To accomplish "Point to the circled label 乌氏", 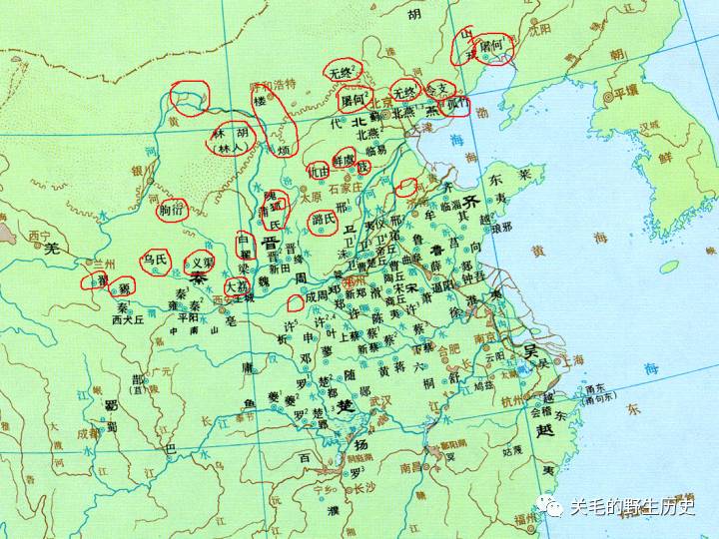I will (x=155, y=261).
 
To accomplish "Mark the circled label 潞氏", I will (x=323, y=220).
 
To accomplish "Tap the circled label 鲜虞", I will (x=345, y=158).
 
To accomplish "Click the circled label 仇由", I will (x=319, y=171).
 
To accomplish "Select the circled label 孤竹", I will (x=453, y=104).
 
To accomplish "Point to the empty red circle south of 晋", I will (x=295, y=301).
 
